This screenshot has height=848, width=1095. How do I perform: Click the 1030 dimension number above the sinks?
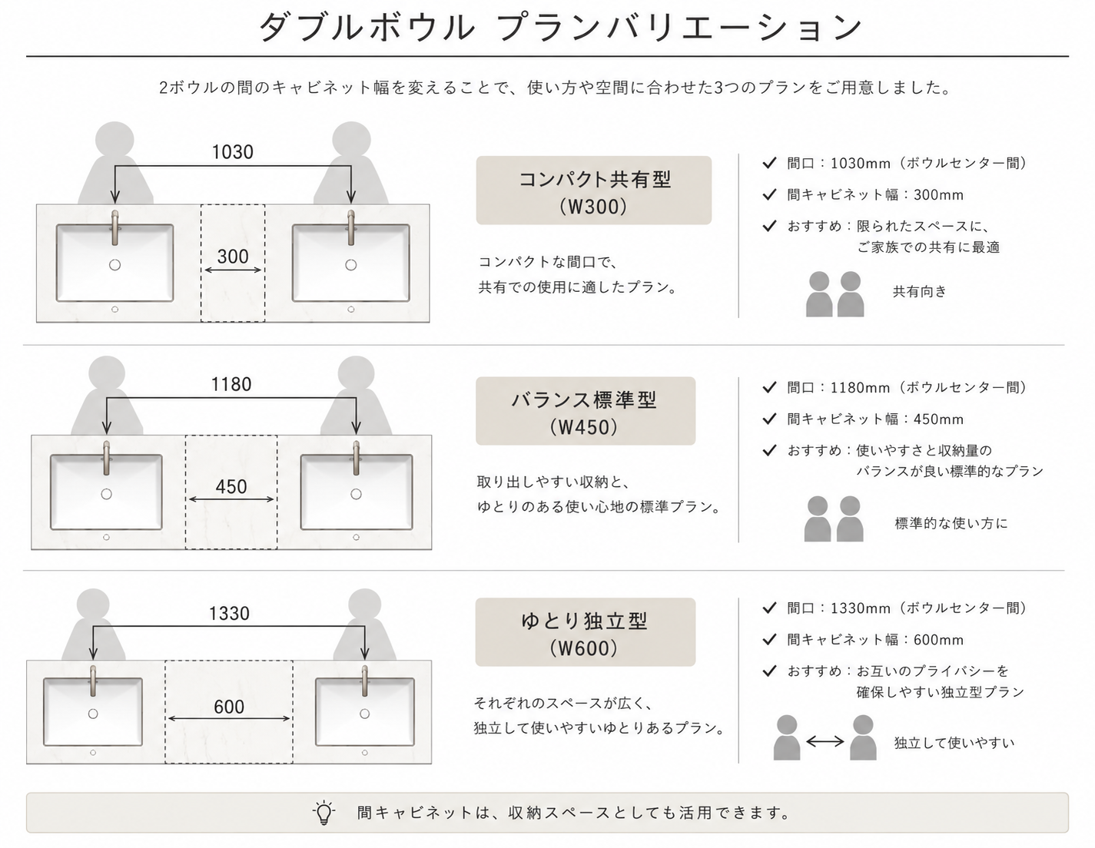(232, 152)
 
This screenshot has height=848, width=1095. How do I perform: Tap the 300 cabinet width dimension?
(233, 257)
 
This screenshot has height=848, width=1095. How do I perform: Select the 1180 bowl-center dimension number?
(231, 385)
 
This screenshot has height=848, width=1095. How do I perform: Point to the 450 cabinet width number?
(231, 487)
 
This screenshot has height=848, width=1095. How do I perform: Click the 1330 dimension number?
(229, 613)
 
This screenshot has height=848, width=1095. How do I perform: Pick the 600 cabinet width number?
(229, 707)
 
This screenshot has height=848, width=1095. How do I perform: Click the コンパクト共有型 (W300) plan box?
(594, 190)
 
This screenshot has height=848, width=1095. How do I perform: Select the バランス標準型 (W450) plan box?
(586, 411)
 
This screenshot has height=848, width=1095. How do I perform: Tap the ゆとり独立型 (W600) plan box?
(586, 632)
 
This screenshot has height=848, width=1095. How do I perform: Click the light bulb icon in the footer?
(324, 812)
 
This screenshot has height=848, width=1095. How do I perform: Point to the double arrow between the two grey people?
(825, 740)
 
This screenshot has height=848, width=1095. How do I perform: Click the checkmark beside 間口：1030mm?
(769, 163)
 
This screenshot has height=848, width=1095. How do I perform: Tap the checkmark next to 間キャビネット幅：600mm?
(769, 640)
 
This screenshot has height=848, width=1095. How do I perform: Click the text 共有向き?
(920, 292)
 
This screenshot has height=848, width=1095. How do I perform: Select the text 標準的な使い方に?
(951, 523)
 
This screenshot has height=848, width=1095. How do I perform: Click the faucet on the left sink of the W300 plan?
(115, 227)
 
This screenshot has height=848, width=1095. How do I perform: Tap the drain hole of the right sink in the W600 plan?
(365, 714)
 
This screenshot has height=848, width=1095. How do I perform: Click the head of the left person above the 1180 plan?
(107, 374)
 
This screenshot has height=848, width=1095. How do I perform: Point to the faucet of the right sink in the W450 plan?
(357, 459)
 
